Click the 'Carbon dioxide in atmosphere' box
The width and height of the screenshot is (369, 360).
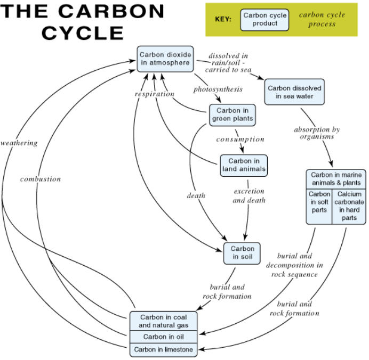165,59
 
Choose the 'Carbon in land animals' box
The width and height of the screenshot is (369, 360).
243,165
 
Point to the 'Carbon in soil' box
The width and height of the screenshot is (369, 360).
242,253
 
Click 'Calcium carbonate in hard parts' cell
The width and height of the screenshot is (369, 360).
349,206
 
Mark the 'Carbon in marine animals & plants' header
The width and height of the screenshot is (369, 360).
335,178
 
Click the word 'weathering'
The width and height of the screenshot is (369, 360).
19,143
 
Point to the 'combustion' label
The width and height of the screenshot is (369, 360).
41,179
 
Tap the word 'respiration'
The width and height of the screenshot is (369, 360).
154,94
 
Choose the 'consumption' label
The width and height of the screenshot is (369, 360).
240,140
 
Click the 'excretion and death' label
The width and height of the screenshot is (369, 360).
248,195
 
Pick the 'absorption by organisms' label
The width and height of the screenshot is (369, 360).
317,133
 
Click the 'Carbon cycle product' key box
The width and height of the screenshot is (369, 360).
264,19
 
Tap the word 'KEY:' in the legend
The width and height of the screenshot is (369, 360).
223,19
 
